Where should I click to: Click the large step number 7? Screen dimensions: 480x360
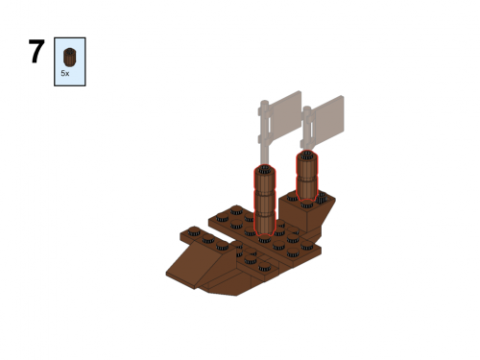tap(36, 51)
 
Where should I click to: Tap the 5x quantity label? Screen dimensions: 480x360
tap(65, 73)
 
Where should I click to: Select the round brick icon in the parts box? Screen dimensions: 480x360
tap(69, 57)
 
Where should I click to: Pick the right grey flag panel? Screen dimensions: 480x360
tap(327, 117)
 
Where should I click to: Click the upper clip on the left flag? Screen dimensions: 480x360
tap(263, 111)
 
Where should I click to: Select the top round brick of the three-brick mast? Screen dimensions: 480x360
tap(265, 180)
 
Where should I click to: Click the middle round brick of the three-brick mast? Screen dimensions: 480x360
tap(265, 203)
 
